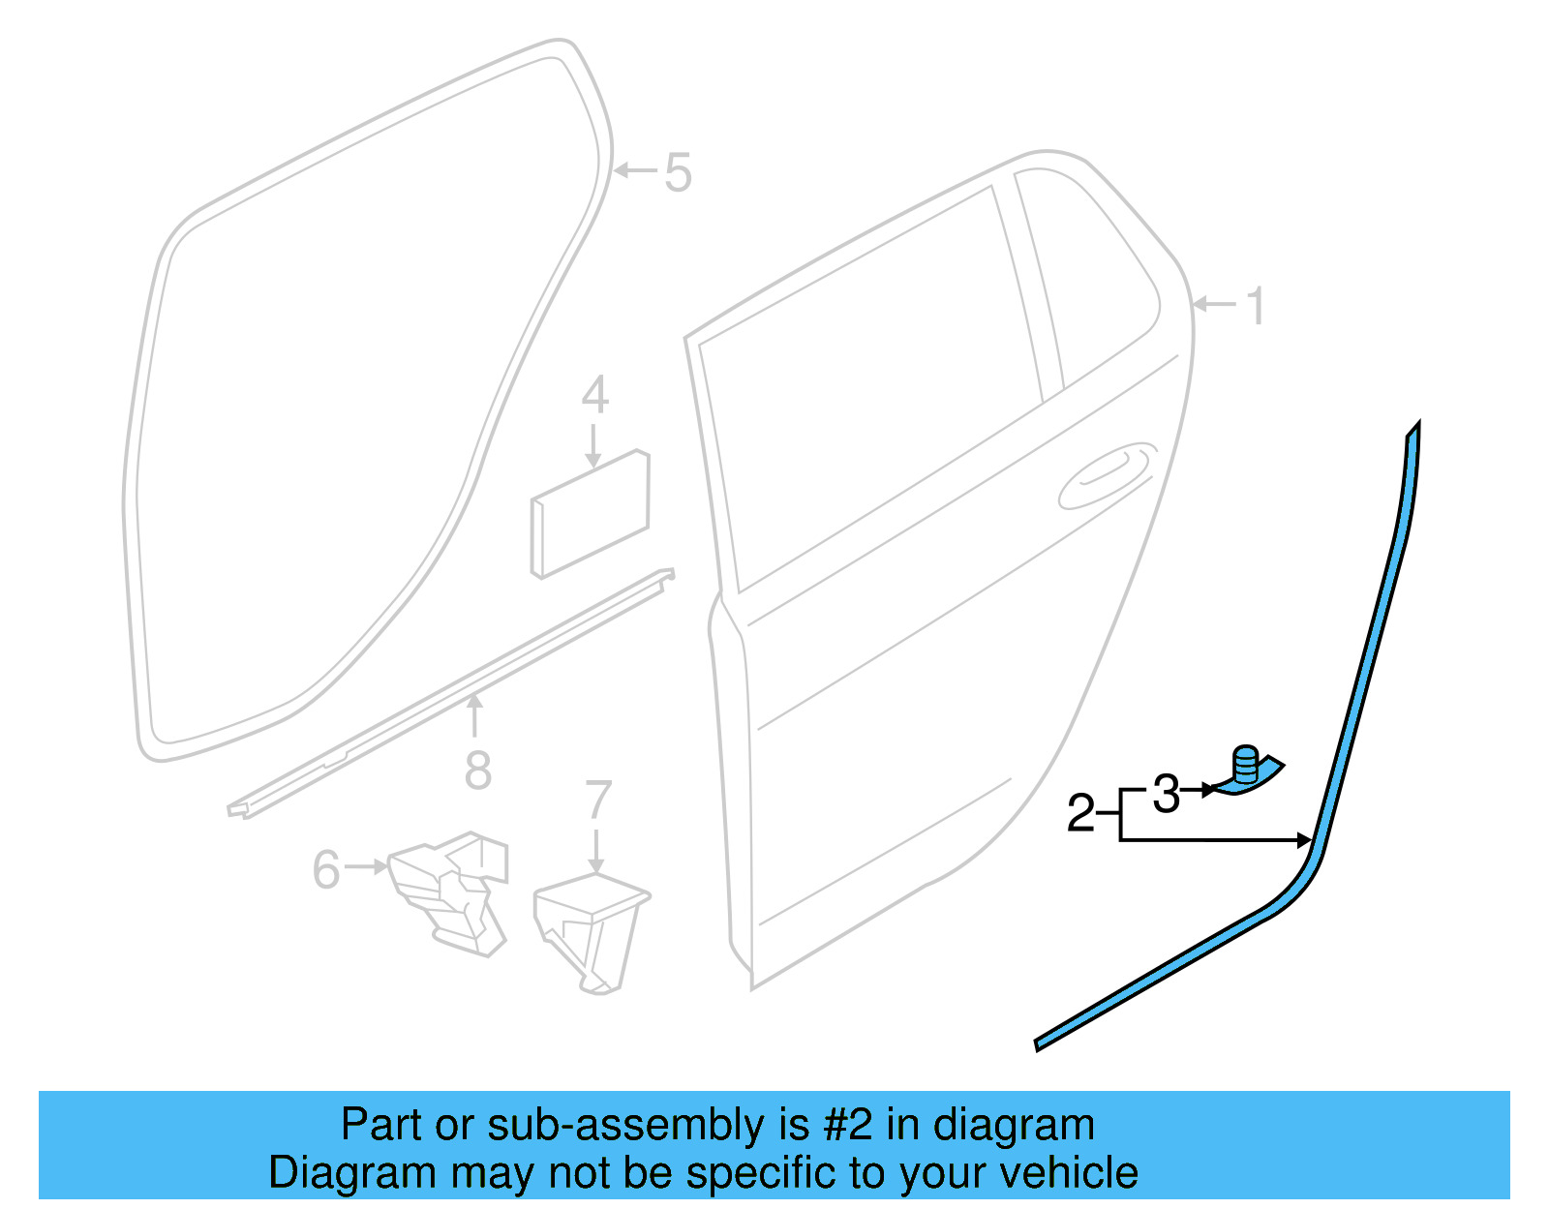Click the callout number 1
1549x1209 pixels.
click(1255, 307)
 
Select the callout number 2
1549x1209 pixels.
click(1080, 813)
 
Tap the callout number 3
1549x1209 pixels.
click(1166, 794)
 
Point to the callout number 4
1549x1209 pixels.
click(594, 396)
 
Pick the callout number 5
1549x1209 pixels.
click(678, 173)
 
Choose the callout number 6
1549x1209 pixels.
click(326, 869)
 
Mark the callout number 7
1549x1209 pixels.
click(598, 801)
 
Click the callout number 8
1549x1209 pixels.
click(477, 771)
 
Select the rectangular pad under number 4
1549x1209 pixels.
click(590, 513)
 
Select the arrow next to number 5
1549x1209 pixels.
click(634, 171)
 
